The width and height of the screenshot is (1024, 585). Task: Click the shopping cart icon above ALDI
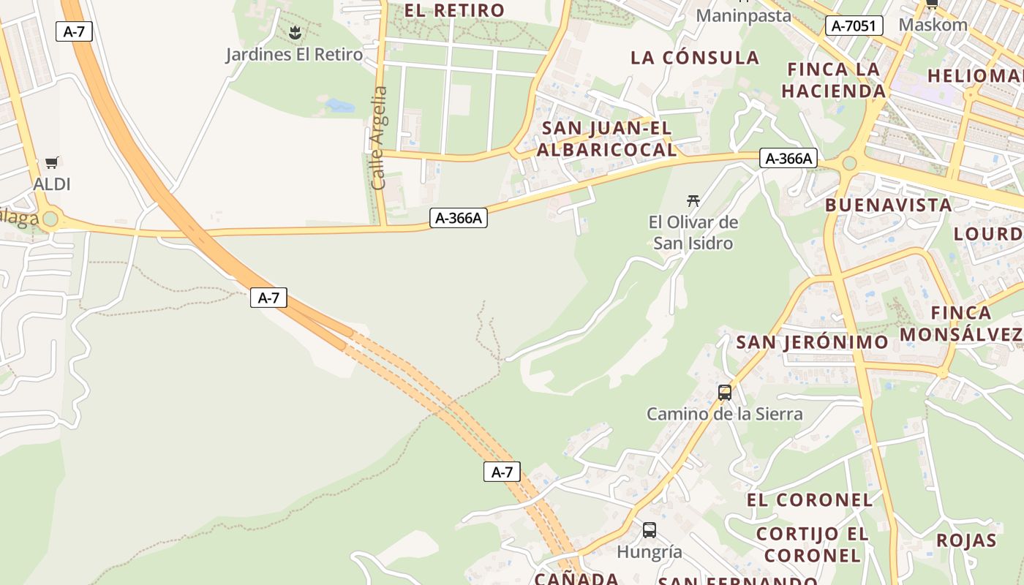point(51,162)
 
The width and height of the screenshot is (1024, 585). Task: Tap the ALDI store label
point(52,184)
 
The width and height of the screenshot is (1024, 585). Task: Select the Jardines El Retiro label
point(294,54)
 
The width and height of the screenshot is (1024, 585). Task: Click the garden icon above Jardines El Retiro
point(295,32)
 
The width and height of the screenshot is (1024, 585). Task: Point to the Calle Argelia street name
point(379,137)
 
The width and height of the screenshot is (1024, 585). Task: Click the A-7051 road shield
point(854,26)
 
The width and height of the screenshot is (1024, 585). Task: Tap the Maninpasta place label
point(743,15)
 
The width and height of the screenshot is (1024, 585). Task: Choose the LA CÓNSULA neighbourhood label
point(695,58)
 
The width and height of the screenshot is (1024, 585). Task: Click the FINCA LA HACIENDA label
point(834,80)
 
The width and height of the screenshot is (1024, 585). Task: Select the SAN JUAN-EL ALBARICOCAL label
point(606,139)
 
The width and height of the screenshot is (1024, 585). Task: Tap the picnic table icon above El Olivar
point(693,200)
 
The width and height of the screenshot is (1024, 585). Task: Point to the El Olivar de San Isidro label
point(693,233)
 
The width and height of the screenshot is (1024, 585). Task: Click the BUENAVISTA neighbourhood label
point(889,205)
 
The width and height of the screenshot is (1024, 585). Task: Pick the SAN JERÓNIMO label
point(812,342)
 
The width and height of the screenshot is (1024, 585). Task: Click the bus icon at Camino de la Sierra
point(724,393)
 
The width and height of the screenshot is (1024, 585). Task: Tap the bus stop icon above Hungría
point(649,530)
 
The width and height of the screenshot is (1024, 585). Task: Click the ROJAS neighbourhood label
point(966,540)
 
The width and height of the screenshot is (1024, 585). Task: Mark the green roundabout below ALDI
point(50,219)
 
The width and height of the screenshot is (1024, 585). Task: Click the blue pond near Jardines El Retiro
point(339,105)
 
